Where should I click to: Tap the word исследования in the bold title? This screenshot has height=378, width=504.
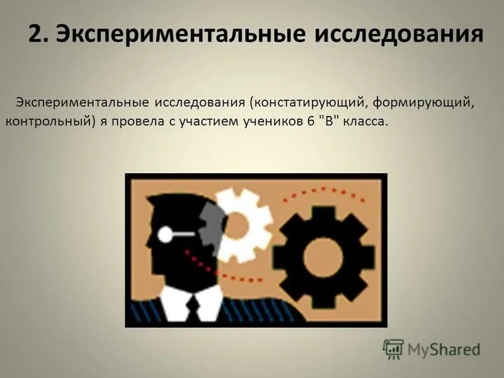pos(399,33)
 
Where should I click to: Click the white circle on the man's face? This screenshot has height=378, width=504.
pos(165,234)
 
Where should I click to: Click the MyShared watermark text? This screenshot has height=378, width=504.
pos(444,349)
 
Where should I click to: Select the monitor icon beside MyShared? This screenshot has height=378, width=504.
pos(393,348)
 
